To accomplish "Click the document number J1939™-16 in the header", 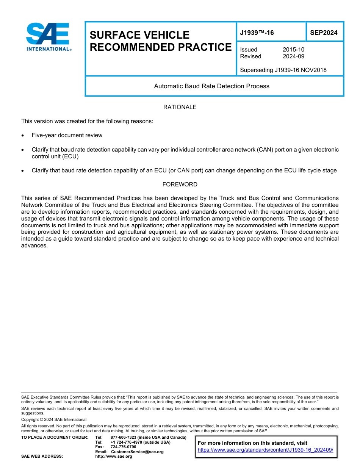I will coord(257,33).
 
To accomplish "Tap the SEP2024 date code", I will coord(324,33).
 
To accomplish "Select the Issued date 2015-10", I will coord(293,50).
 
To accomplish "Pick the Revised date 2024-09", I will coord(293,56).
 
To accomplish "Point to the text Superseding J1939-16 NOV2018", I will coord(283,70).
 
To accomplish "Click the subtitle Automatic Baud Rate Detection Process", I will coord(211,86).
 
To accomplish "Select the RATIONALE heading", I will coord(180,107).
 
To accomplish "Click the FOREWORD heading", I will coord(180,185).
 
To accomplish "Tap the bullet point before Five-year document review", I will coord(23,135).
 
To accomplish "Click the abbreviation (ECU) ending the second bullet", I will coord(69,156).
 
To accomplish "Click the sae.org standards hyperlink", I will coord(265,450).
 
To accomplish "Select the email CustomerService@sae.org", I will coord(137,452).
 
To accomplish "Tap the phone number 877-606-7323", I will coord(124,437).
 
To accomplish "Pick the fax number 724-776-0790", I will coord(124,447).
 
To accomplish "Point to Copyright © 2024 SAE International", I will coord(54,419).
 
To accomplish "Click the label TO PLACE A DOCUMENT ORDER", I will coord(55,437).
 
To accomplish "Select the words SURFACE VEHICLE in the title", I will coord(139,35).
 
